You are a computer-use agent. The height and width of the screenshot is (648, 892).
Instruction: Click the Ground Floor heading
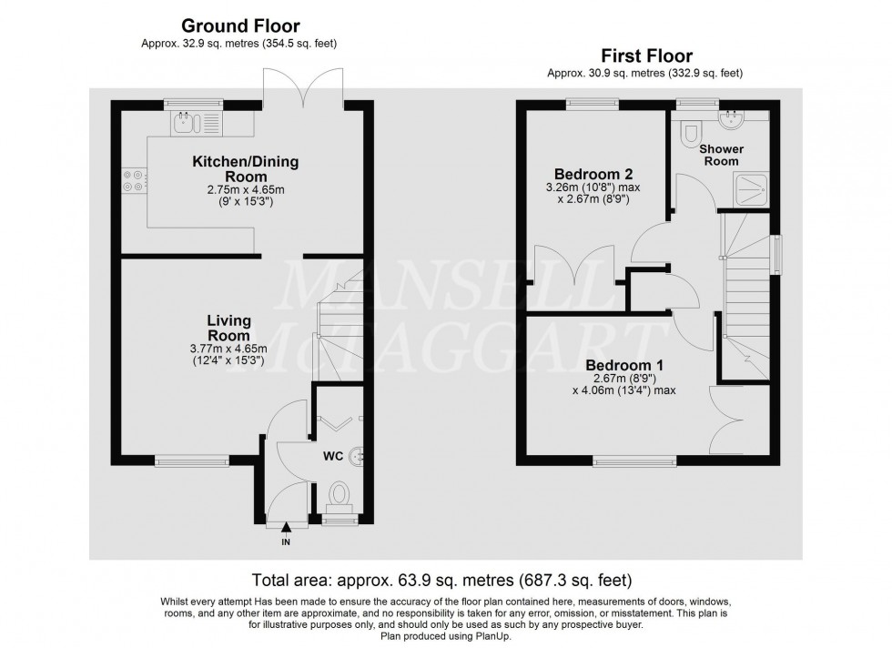tap(240, 25)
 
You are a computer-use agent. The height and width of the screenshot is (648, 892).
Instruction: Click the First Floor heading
tap(647, 56)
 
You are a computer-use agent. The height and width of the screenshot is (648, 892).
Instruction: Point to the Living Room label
tap(228, 328)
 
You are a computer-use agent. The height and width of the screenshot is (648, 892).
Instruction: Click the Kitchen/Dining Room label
tap(245, 168)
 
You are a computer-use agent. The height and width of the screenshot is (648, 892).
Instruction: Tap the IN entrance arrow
tap(286, 529)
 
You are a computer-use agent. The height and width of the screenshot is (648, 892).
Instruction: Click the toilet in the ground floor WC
tap(340, 497)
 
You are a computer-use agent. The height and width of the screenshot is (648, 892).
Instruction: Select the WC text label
tap(333, 456)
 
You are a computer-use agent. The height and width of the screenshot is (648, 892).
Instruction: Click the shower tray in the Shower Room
tap(752, 187)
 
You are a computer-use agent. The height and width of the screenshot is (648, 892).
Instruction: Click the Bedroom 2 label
tap(593, 174)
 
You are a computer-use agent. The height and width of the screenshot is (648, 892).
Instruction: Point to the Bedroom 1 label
tap(624, 365)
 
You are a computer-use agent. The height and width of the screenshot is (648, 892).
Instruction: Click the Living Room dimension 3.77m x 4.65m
tap(228, 349)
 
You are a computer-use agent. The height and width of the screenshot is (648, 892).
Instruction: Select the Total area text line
tap(442, 581)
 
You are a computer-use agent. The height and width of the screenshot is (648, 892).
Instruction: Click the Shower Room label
tap(721, 155)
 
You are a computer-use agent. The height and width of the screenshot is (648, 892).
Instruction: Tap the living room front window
tap(192, 461)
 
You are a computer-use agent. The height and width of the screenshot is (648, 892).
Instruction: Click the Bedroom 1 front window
tap(635, 461)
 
